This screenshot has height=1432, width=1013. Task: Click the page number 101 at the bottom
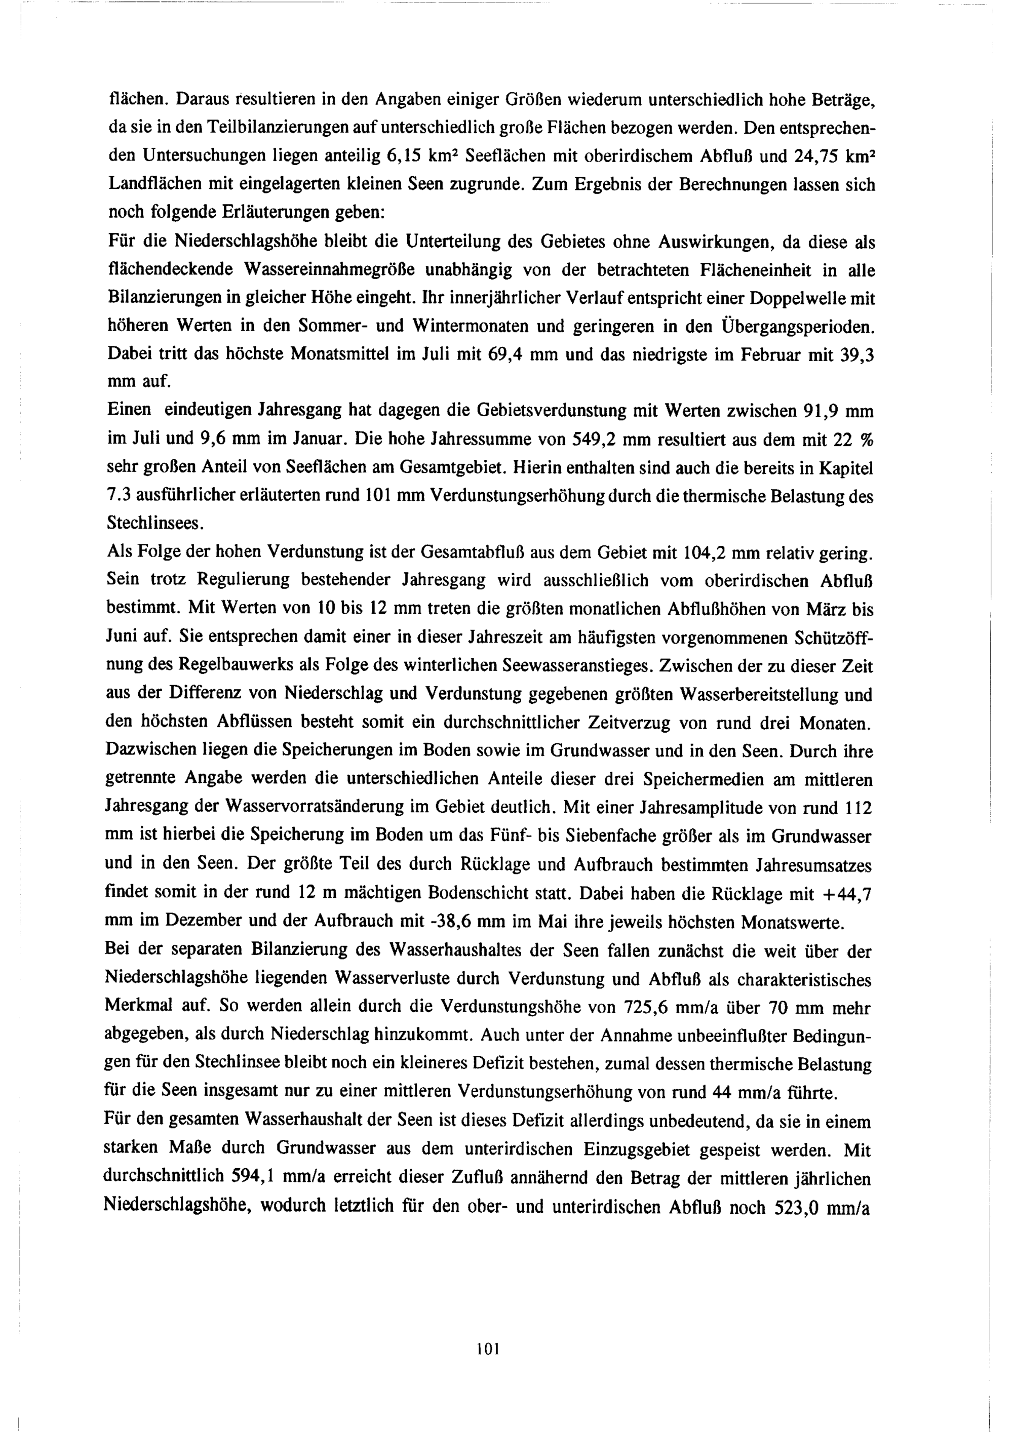click(488, 1348)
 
